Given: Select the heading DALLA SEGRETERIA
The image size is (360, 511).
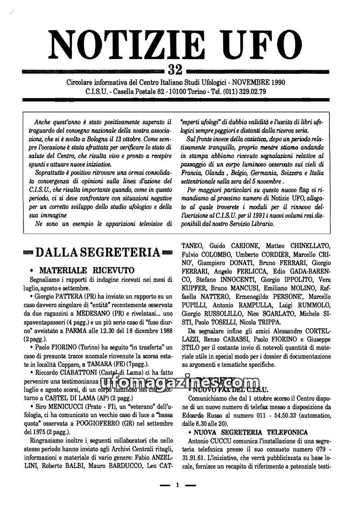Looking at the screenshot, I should point(97,252).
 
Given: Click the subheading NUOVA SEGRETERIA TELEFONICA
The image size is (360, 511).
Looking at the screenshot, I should point(251,432).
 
